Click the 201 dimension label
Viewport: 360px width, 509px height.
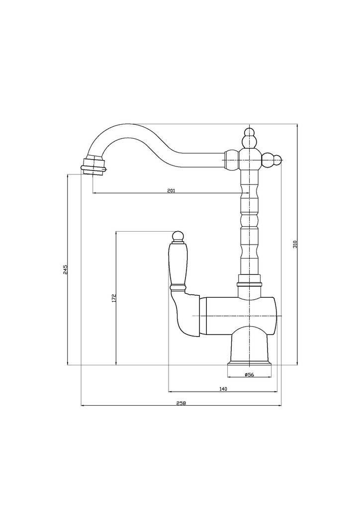coord(171,190)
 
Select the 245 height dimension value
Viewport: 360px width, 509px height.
coord(65,269)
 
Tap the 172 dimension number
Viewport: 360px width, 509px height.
coord(113,298)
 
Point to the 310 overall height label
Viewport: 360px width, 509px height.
coord(295,244)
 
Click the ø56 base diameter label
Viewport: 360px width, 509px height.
coord(249,374)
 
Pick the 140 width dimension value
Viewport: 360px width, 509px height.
coord(223,389)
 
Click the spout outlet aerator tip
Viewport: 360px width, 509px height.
coord(93,166)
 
